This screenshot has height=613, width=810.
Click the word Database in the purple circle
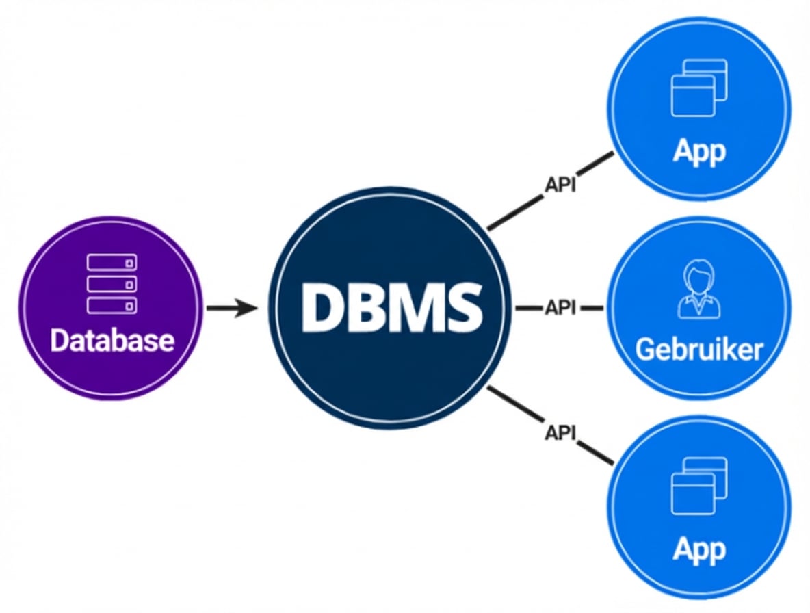point(112,340)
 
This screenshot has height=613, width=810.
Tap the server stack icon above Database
point(112,283)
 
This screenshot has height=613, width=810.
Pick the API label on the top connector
point(560,185)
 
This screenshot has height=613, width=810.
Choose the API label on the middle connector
point(560,309)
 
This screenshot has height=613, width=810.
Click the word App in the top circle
point(698,152)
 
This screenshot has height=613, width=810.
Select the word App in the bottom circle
point(698,549)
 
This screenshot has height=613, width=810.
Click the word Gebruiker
point(698,350)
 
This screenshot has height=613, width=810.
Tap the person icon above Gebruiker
point(698,292)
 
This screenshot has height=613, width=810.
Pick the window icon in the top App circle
point(698,88)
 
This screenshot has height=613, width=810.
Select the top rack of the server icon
point(112,263)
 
